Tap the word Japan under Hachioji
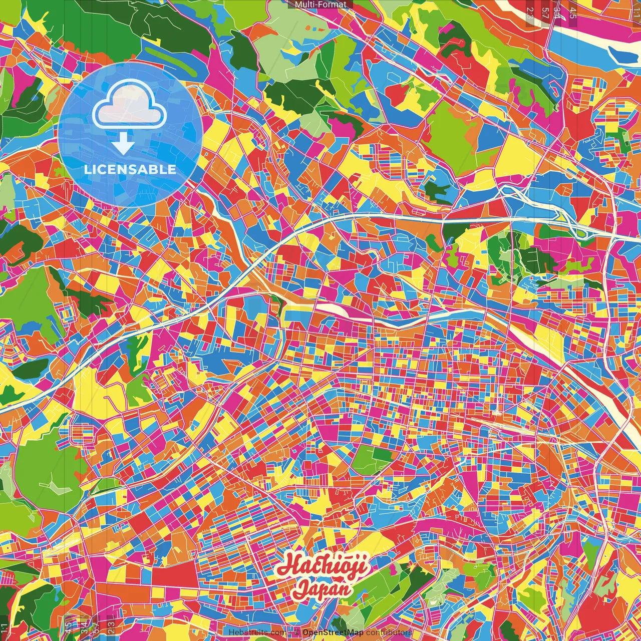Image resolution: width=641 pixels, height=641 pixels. (x=323, y=588)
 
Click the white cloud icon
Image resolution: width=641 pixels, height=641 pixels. (x=130, y=106)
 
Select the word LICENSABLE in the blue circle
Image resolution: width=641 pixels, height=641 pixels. (x=130, y=169)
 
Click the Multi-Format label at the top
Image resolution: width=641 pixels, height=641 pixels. (x=320, y=5)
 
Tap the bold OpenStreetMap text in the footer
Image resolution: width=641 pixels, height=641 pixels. (x=333, y=632)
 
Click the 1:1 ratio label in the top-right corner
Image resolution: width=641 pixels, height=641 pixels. (x=636, y=9)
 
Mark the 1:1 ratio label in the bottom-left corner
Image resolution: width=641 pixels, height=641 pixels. (x=5, y=628)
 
